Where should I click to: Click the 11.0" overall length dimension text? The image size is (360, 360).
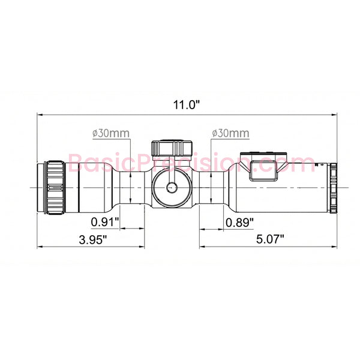point(186,104)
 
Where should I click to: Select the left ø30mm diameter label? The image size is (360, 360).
point(111,133)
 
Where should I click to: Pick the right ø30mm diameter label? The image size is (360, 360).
point(230,133)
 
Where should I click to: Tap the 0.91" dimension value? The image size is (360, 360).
point(105,222)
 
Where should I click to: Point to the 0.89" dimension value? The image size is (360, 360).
point(239,222)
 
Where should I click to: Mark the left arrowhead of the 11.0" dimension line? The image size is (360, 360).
point(40,114)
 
